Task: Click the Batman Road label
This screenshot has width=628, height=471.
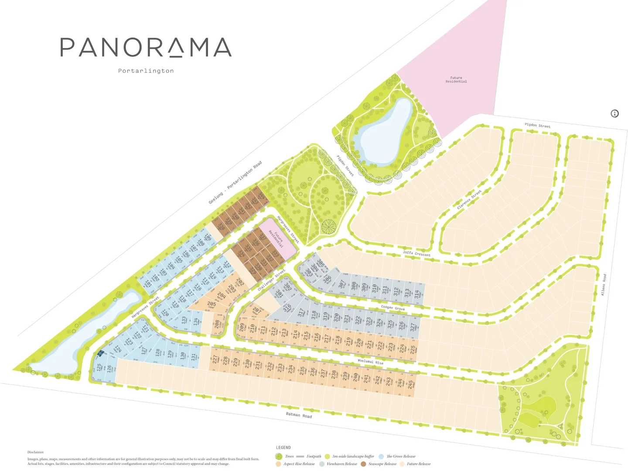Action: tap(299, 415)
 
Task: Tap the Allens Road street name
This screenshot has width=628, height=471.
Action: tap(604, 285)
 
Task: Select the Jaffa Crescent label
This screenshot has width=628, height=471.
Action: tap(416, 253)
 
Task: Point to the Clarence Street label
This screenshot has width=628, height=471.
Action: tap(469, 199)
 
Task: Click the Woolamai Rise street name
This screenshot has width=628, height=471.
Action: tap(370, 362)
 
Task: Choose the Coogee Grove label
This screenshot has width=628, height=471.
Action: tap(392, 308)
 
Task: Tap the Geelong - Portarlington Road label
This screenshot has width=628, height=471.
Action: tap(235, 183)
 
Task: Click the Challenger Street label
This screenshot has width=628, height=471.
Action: tap(271, 280)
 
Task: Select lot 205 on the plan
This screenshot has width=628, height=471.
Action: tap(212, 304)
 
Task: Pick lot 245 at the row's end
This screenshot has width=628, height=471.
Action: tap(410, 385)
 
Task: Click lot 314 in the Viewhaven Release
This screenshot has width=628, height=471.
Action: tap(417, 294)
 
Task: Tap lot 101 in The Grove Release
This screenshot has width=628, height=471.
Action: tap(149, 284)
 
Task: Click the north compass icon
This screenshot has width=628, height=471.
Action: tap(614, 114)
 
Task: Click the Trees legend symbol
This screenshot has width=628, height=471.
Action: tap(279, 457)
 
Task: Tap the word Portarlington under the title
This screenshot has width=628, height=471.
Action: tap(146, 71)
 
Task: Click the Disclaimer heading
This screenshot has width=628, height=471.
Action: tap(36, 452)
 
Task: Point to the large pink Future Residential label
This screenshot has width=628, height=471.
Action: tap(456, 79)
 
